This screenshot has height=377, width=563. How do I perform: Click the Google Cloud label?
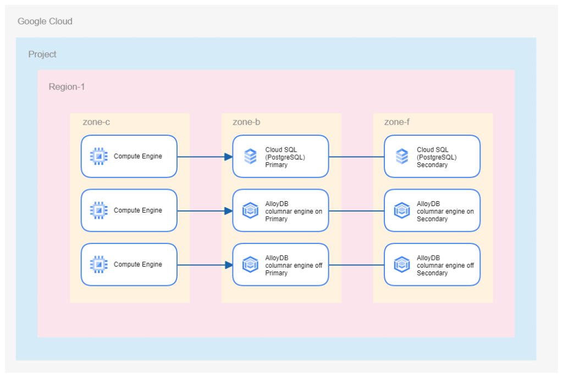45,21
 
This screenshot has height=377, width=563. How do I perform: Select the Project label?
42,54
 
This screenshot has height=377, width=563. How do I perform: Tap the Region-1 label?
67,87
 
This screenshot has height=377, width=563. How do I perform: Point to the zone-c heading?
96,122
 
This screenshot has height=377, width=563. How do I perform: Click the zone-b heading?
246,122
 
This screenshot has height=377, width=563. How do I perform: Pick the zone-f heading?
396,122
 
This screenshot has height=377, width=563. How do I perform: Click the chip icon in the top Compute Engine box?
98,157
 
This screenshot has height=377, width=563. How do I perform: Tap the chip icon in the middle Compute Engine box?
98,210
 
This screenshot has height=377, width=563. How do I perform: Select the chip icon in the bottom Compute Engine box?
98,264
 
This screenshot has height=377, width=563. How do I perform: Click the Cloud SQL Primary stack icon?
250,157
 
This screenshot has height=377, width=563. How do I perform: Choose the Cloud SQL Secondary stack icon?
402,157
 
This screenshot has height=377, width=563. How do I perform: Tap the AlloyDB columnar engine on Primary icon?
250,210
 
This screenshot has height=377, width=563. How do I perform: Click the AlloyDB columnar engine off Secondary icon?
402,264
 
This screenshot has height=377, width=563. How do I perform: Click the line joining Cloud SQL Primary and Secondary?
356,157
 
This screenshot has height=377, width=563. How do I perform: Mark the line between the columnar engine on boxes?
356,210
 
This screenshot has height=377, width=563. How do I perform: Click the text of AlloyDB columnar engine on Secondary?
445,211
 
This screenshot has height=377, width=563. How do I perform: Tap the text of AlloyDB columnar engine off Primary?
294,265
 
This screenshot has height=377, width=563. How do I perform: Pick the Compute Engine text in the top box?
137,157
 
